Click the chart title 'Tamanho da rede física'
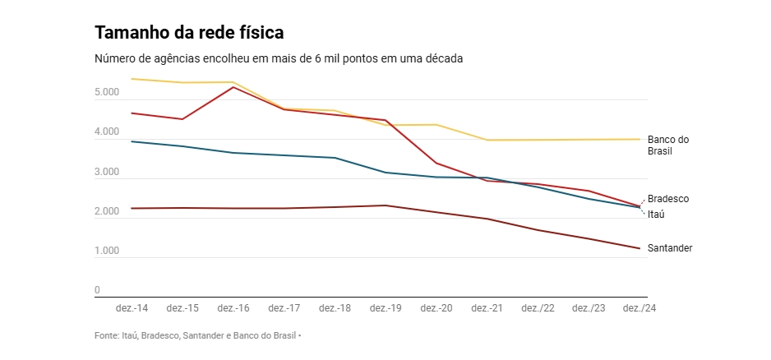click(x=189, y=33)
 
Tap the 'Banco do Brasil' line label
click(x=667, y=145)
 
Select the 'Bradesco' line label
click(x=667, y=199)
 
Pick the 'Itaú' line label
click(x=656, y=215)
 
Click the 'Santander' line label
click(x=669, y=248)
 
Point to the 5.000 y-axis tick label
click(x=107, y=93)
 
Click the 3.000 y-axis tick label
click(x=107, y=173)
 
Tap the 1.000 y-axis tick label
click(x=107, y=252)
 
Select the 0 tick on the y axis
click(x=97, y=290)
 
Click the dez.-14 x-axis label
click(x=132, y=308)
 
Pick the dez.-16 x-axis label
click(x=233, y=308)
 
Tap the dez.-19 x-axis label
click(x=386, y=308)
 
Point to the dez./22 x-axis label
click(x=538, y=308)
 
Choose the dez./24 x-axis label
click(x=639, y=308)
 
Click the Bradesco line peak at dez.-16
click(x=233, y=87)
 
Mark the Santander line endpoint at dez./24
click(x=639, y=248)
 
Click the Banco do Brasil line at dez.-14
click(x=132, y=79)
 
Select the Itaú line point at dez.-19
click(x=386, y=173)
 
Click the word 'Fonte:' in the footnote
click(x=107, y=335)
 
